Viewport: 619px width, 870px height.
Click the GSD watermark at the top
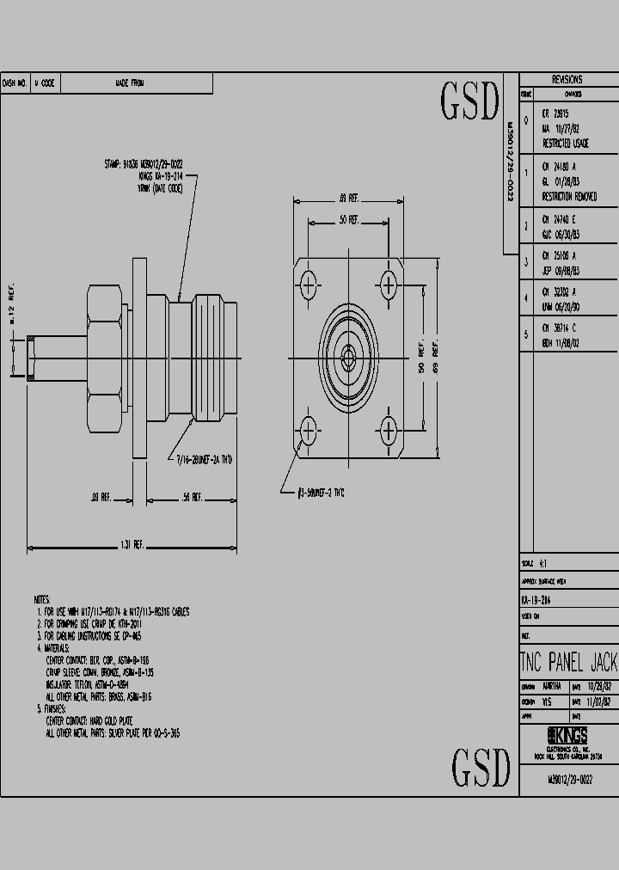(469, 102)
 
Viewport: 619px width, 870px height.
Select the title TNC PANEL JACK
(568, 662)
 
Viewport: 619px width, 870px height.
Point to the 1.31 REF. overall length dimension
(132, 545)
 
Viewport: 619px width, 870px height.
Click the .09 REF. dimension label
(101, 497)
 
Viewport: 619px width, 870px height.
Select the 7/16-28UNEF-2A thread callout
(205, 460)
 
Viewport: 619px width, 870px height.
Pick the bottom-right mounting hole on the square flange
(389, 427)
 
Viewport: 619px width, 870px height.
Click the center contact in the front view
(348, 353)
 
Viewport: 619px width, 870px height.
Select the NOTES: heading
(42, 599)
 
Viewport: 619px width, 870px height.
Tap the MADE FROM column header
(129, 83)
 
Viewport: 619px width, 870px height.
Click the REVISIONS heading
(567, 78)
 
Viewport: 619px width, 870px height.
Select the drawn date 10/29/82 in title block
(600, 687)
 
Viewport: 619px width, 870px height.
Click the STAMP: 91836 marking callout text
(143, 163)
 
